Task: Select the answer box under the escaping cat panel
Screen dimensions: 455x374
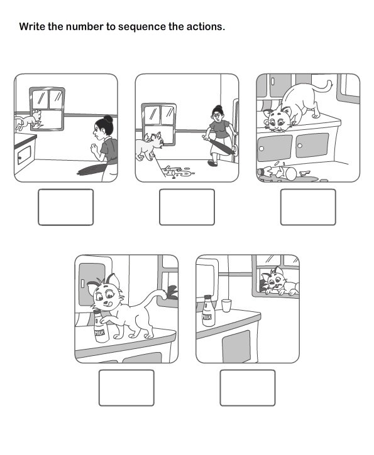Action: point(65,207)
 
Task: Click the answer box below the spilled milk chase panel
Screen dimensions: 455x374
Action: point(187,207)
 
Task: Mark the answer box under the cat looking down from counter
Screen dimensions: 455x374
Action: point(308,207)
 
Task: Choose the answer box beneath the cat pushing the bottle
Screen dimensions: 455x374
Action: point(126,387)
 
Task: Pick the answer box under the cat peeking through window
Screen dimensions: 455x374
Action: point(247,387)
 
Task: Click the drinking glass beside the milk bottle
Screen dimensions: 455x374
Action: point(226,306)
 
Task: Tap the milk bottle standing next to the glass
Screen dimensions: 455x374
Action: point(208,310)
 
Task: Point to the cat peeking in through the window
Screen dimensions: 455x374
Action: point(277,282)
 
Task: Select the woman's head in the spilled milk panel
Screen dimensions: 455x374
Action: point(218,114)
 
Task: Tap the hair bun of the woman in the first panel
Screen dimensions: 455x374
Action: point(108,118)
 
